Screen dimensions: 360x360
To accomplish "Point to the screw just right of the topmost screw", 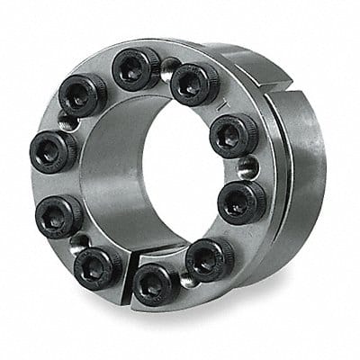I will tap(191, 83).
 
